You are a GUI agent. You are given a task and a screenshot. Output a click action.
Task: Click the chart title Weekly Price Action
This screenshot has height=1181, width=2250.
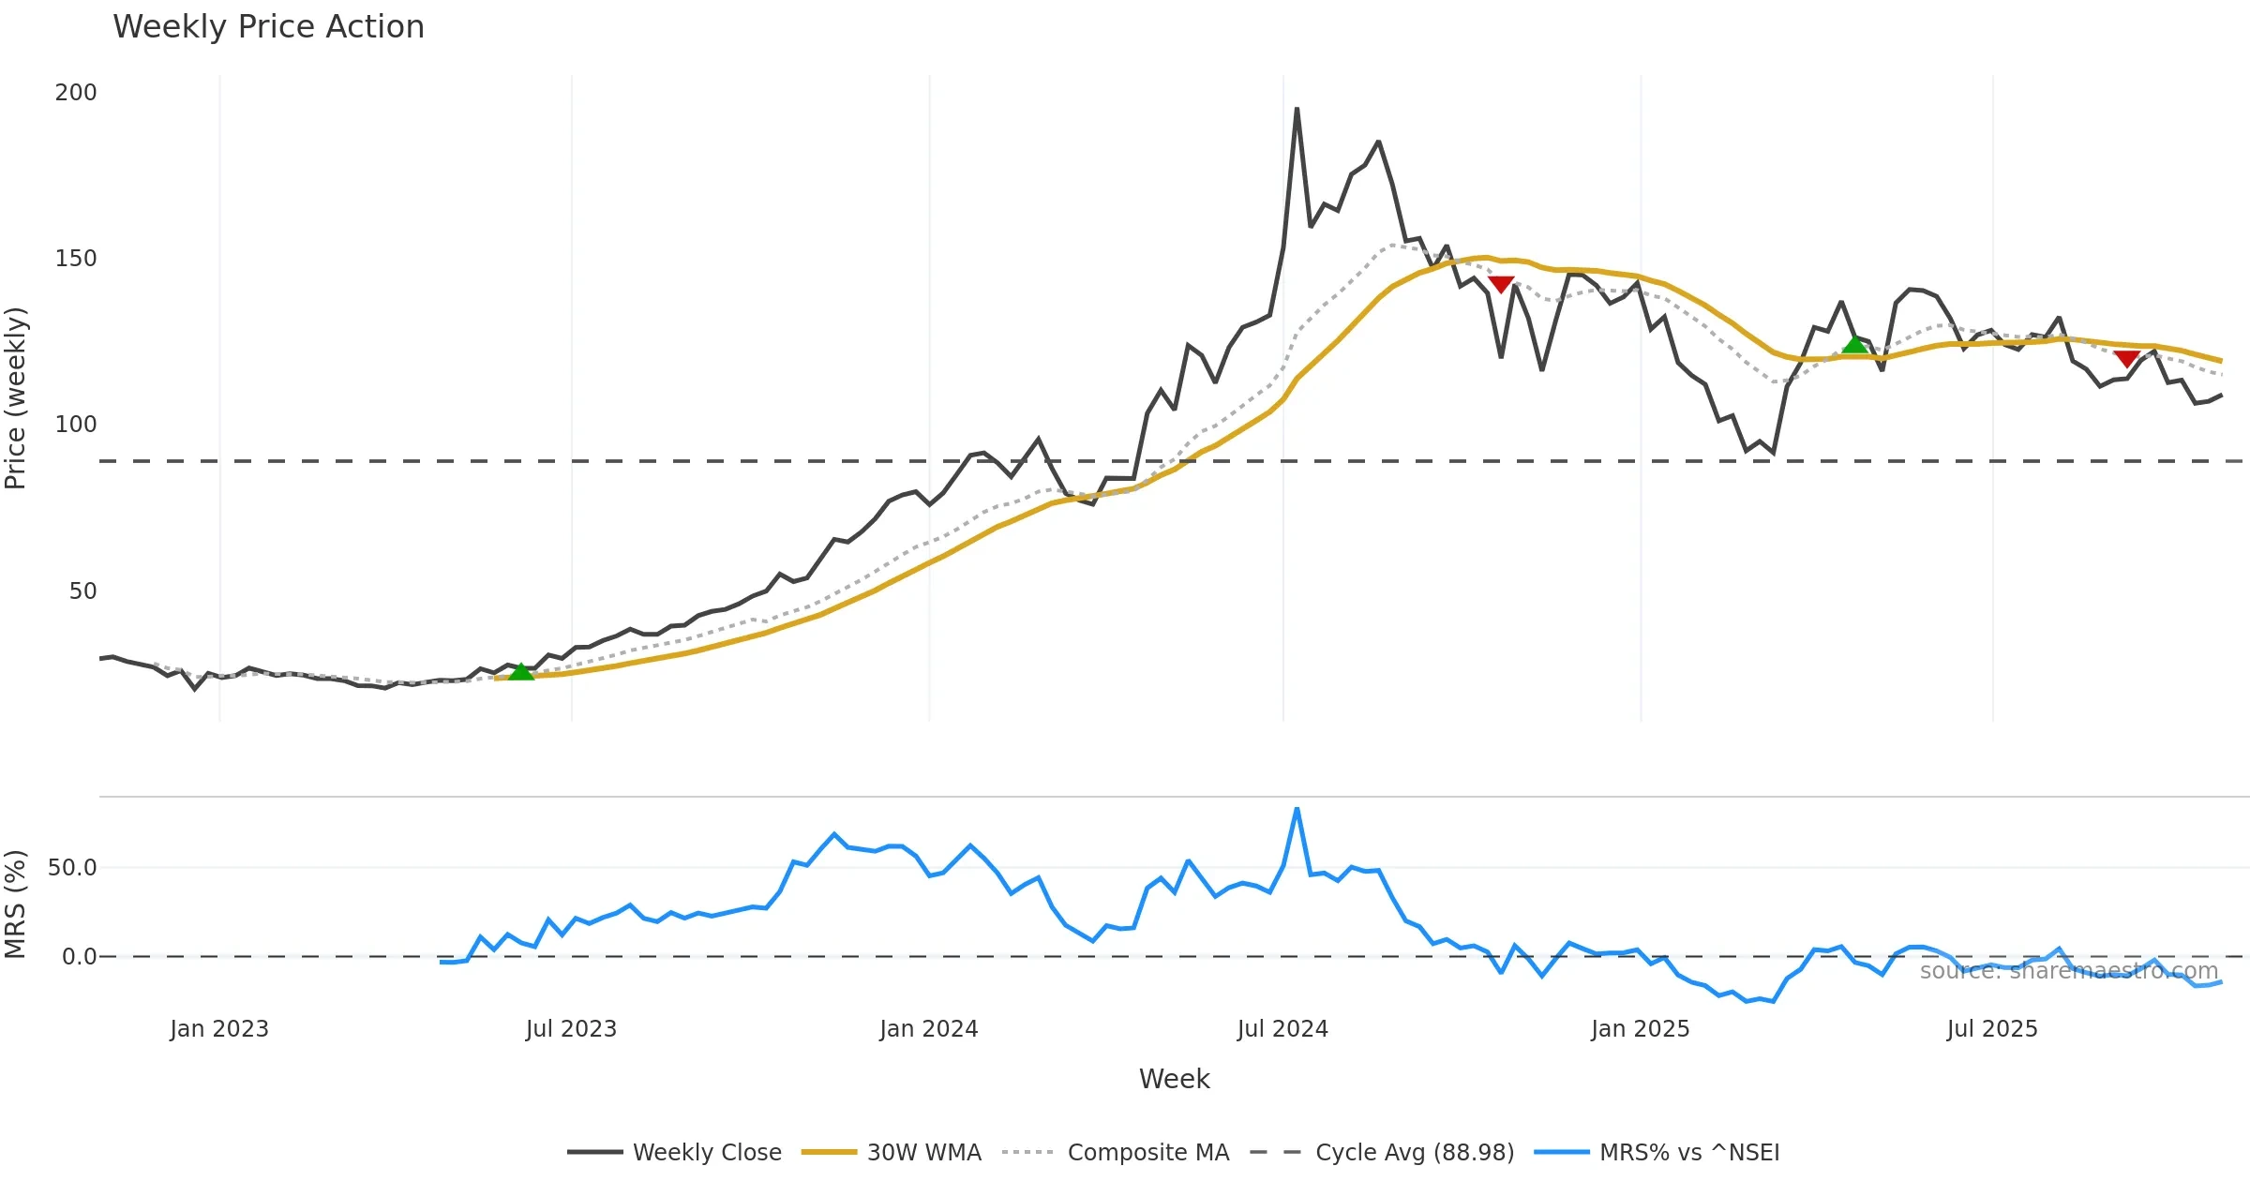coord(268,27)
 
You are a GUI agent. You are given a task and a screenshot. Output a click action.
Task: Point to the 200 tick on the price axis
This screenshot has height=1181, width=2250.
coord(76,93)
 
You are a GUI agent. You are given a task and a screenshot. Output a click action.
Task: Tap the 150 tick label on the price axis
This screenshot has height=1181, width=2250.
coord(76,259)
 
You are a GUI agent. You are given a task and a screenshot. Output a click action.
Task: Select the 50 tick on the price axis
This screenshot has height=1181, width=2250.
coord(82,591)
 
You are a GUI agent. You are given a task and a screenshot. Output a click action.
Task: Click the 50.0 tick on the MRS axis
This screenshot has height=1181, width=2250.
coord(72,868)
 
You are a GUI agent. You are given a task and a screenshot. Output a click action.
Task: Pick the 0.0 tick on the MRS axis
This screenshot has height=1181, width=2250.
coord(79,957)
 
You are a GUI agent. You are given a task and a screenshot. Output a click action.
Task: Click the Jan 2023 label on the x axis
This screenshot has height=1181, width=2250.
coord(219,1029)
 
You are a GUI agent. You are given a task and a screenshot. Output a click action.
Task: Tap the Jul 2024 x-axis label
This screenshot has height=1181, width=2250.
coord(1282,1029)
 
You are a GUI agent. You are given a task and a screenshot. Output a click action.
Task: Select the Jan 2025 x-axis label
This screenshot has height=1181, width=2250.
coord(1640,1029)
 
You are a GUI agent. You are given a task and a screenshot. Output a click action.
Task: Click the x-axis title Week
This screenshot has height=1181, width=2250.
coord(1174,1080)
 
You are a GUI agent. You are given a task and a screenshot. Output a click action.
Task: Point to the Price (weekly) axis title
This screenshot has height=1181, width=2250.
coord(16,398)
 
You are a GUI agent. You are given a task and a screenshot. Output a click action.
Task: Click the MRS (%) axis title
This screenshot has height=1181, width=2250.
coord(16,904)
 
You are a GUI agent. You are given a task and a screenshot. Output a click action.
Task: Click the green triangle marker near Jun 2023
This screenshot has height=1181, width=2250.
coord(520,672)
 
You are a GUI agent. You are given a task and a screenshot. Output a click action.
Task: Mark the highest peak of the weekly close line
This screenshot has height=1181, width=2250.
coord(1297,109)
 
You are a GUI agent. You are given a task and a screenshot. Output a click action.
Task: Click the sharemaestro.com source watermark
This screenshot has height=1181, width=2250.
coord(2068,971)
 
